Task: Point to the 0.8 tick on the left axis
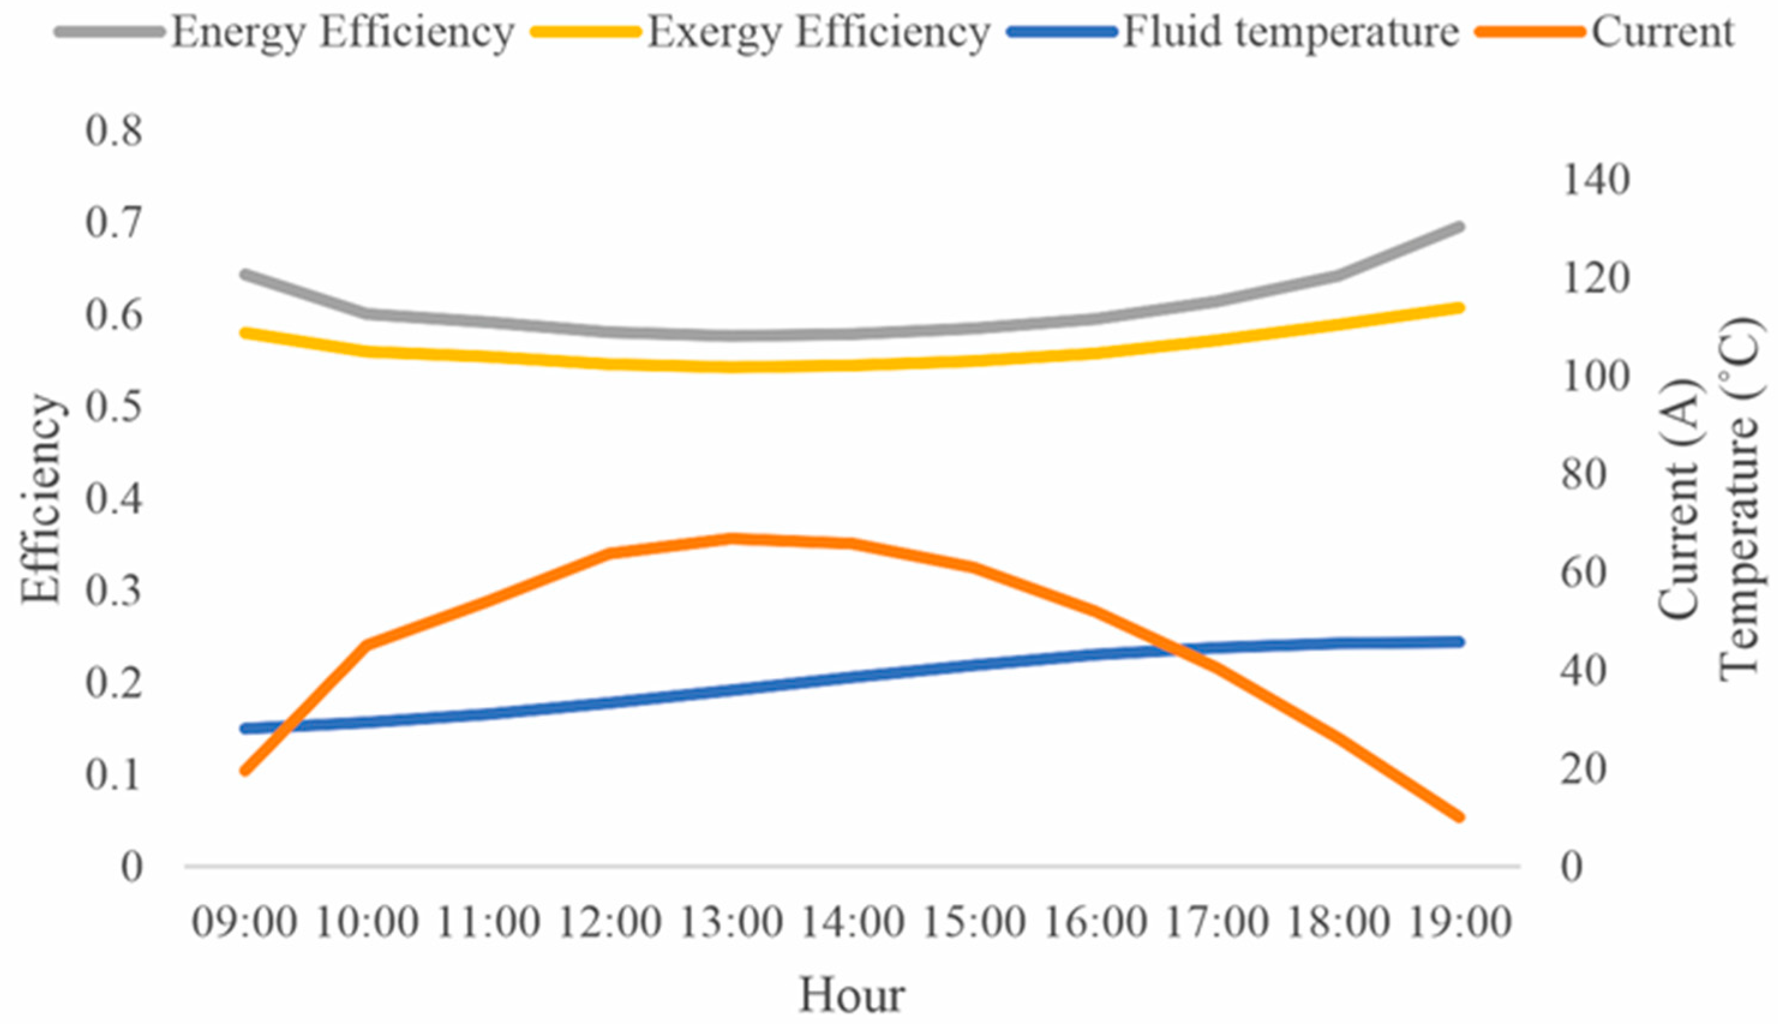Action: [x=114, y=131]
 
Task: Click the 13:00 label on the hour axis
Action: [x=730, y=922]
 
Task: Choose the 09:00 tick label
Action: [x=244, y=922]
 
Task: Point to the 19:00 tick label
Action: [x=1459, y=922]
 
